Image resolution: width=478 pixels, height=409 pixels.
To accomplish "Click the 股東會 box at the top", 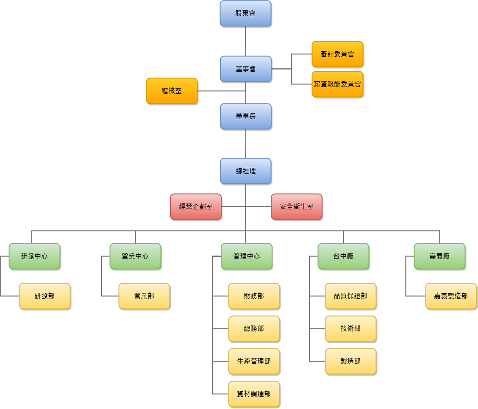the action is click(245, 14).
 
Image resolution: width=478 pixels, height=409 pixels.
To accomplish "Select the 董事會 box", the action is click(246, 69).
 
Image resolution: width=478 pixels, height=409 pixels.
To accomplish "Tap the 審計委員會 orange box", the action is click(337, 54).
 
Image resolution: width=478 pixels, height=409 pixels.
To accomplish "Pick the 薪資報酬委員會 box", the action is click(337, 84).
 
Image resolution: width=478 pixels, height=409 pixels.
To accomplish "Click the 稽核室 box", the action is click(172, 91).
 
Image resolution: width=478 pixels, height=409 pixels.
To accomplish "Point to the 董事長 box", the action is click(246, 117).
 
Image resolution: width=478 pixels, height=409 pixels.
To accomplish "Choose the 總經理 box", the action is click(246, 171).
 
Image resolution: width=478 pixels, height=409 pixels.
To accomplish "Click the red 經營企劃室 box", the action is click(196, 207).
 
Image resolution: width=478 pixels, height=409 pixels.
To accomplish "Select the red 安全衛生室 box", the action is click(297, 207).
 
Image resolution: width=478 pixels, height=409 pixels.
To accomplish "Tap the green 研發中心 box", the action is click(34, 256).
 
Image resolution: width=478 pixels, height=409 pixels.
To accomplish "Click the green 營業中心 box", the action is click(135, 256).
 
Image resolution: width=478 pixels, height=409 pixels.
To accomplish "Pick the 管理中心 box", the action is click(247, 256).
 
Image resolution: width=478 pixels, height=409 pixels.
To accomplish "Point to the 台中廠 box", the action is click(344, 256).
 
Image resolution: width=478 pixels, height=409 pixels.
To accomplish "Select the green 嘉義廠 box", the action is click(439, 256).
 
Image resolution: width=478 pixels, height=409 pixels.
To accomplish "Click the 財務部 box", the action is click(254, 296).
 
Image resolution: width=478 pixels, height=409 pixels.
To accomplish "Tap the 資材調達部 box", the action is click(254, 394).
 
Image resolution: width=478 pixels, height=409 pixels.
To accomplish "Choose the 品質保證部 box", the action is click(350, 296).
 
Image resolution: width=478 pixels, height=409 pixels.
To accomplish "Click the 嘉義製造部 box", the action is click(451, 296).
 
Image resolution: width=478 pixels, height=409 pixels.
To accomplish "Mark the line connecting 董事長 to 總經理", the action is click(246, 144).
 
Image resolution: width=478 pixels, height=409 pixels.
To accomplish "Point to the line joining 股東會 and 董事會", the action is click(245, 41).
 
